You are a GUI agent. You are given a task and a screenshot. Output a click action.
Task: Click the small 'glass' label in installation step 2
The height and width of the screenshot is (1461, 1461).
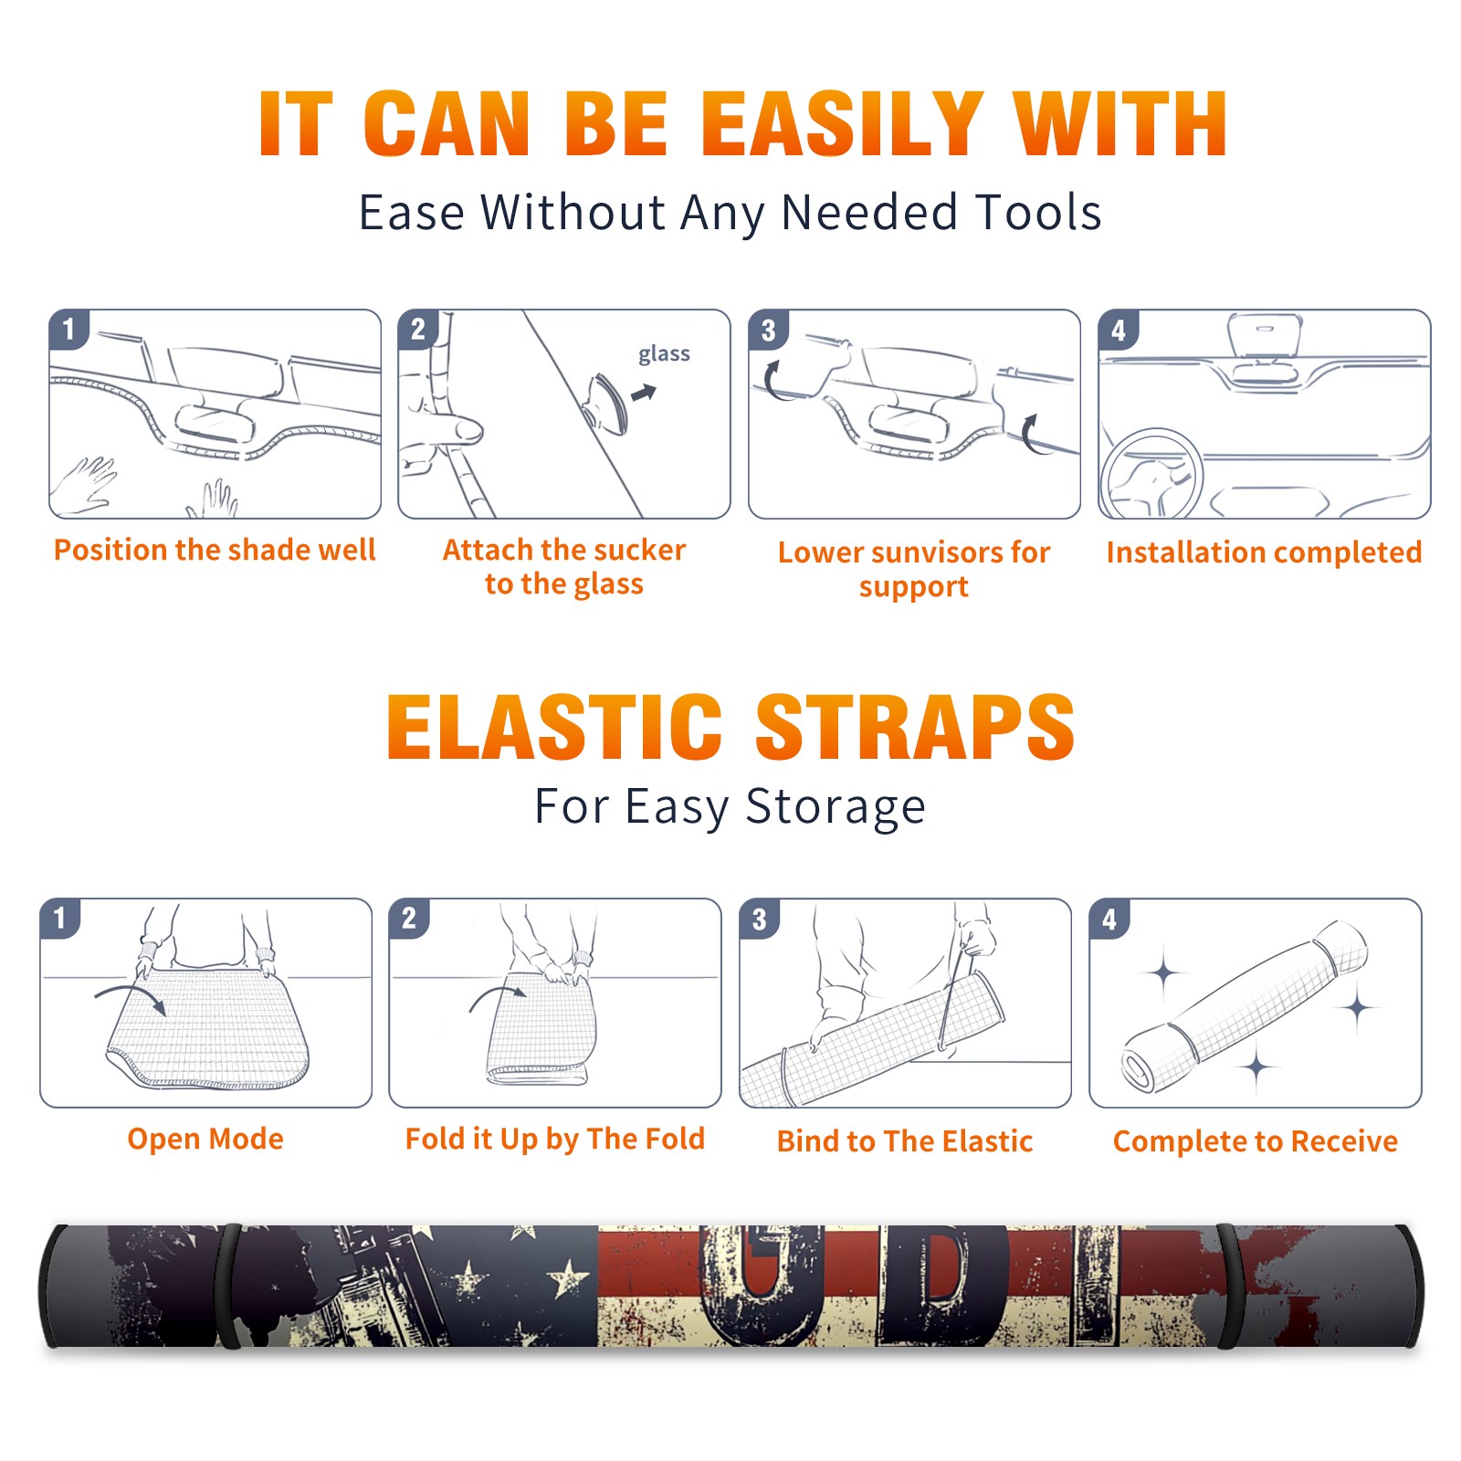[x=664, y=354]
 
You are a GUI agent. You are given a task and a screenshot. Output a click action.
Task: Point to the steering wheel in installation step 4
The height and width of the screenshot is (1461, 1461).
[x=1151, y=473]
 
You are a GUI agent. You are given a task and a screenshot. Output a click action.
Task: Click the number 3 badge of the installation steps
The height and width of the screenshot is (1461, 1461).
[x=768, y=330]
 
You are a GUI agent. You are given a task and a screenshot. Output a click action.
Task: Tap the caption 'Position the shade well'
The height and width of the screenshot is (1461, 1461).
[x=215, y=550]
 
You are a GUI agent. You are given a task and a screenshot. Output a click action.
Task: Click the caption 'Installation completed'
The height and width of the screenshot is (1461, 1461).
[x=1264, y=552]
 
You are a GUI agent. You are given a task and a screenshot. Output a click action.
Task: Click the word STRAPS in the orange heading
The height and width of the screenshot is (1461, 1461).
[x=915, y=727]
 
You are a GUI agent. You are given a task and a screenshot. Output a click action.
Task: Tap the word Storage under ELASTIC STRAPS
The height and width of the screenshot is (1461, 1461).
[x=836, y=807]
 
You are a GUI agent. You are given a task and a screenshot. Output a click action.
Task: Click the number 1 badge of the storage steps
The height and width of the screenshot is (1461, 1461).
[x=60, y=919]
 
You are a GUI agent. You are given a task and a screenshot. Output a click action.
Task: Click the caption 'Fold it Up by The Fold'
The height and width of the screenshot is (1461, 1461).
[x=555, y=1139]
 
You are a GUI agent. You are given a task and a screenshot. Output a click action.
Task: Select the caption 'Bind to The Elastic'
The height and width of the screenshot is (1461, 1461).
[x=905, y=1141]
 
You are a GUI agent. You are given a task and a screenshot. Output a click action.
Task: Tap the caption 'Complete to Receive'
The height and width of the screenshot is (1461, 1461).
[x=1256, y=1141]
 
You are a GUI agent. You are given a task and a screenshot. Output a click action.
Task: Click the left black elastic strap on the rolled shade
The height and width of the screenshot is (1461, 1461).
[x=227, y=1286]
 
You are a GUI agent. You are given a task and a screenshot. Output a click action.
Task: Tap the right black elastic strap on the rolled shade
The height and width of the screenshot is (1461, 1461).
[x=1229, y=1286]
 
